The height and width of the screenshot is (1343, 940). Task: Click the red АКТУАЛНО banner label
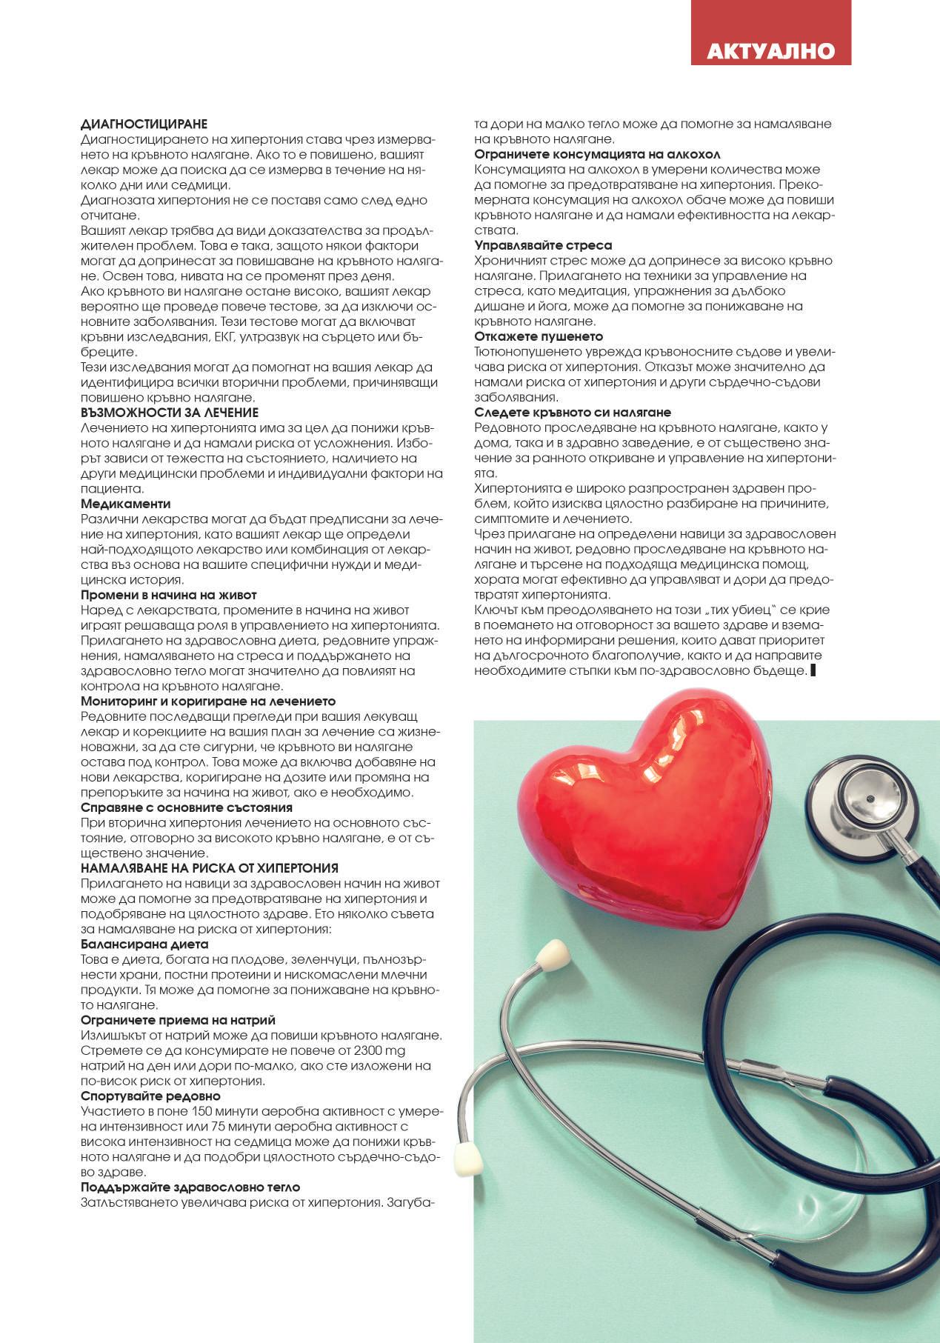(x=770, y=50)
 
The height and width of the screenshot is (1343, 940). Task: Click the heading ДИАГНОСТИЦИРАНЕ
(x=144, y=124)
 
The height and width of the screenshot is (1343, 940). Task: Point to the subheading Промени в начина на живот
(x=168, y=595)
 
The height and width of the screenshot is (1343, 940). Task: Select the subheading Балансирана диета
(x=144, y=944)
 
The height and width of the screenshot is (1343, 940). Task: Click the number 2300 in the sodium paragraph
(x=369, y=1050)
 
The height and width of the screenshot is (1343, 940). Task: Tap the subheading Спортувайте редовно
(x=150, y=1096)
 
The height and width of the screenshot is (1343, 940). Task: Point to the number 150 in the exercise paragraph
(x=202, y=1111)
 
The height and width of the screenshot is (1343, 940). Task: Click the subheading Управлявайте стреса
(x=543, y=245)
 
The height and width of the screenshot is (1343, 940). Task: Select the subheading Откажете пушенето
(x=539, y=336)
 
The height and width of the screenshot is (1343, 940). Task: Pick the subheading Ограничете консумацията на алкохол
(x=597, y=154)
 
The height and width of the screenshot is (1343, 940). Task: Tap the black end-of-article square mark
(x=814, y=670)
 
